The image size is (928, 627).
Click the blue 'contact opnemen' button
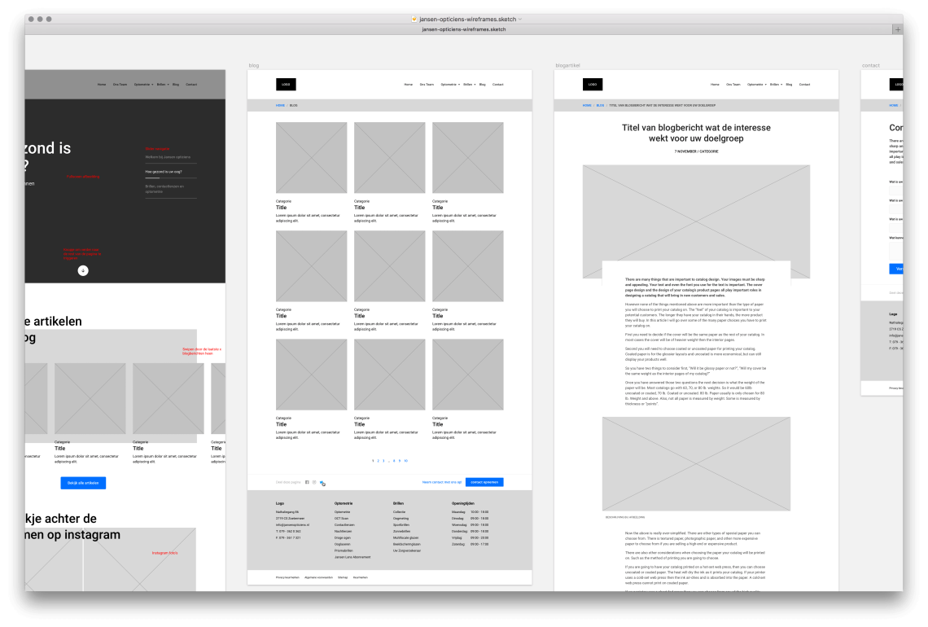point(484,482)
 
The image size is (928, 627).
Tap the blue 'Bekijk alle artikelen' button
point(83,483)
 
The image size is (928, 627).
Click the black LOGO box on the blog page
point(286,84)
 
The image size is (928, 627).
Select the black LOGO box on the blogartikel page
point(593,84)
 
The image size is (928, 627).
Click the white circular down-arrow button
point(83,270)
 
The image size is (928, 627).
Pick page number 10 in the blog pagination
point(405,461)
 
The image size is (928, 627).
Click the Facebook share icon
point(307,482)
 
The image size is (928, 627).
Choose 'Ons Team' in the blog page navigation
point(427,85)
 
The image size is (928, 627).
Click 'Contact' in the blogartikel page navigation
point(804,85)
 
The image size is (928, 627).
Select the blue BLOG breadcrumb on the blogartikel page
point(600,105)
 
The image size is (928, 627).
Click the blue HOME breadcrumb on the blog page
point(280,105)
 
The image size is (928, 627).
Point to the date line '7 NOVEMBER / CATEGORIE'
point(696,151)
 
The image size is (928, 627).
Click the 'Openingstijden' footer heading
point(463,503)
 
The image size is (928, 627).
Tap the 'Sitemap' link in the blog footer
point(343,577)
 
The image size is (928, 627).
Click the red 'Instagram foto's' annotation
point(164,553)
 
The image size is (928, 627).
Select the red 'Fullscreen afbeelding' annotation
point(82,176)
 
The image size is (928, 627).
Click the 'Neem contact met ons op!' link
point(442,482)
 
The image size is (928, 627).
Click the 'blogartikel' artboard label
point(567,64)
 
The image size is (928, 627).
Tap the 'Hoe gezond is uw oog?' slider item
point(163,172)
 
